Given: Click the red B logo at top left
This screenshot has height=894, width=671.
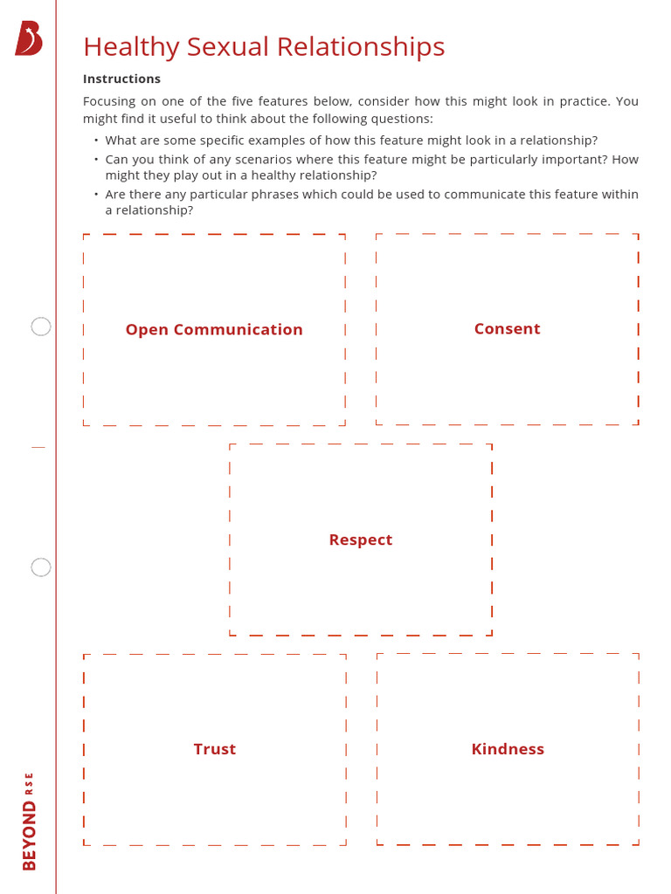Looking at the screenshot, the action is [x=29, y=38].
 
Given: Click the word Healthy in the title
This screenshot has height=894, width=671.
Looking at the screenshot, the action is [x=131, y=47].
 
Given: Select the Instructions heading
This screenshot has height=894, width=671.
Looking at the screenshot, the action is [x=121, y=79].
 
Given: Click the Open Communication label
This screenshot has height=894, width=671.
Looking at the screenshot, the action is [x=214, y=330].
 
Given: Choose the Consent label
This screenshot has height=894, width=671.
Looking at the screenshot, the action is [x=508, y=329].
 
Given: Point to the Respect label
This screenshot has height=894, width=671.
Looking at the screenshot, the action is [x=361, y=540].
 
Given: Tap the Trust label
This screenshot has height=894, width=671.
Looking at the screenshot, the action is [x=215, y=749].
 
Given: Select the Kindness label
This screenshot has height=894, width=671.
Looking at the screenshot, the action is [x=508, y=749].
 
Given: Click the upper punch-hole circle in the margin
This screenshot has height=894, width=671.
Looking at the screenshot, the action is [x=40, y=327].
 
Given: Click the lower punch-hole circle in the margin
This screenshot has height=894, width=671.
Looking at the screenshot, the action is [x=40, y=567].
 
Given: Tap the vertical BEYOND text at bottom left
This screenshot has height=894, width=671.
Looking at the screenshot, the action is [x=29, y=836].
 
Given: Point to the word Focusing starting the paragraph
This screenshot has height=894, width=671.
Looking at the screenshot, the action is [x=109, y=101].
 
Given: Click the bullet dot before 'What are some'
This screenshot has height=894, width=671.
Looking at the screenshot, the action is [x=96, y=140].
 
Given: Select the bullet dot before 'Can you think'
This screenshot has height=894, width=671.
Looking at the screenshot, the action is [x=96, y=159].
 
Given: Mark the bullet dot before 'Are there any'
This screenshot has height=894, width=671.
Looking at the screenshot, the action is [x=96, y=194].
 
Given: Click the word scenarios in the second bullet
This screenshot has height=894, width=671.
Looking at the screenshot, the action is [x=265, y=160].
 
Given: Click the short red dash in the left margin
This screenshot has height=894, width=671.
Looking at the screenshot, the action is [x=38, y=448].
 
